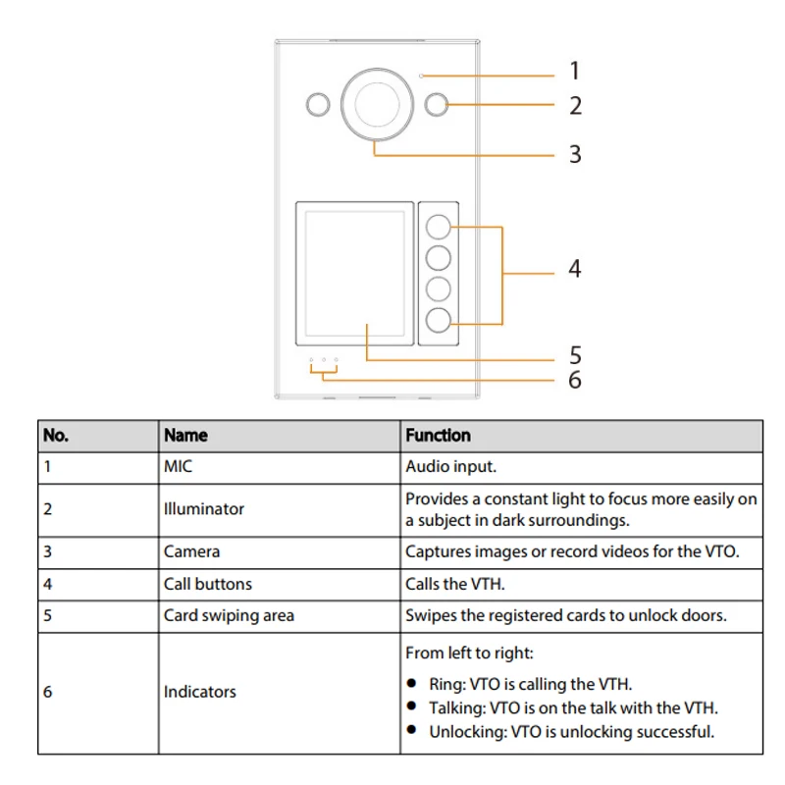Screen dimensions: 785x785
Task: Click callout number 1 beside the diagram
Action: coord(575,71)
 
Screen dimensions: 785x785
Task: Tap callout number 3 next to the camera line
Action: coord(575,154)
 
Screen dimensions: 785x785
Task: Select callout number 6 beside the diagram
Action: coord(575,379)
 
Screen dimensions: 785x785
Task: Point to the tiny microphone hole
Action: coord(421,76)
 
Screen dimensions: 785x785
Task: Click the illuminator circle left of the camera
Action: coord(317,104)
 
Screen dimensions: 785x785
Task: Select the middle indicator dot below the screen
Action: coord(323,360)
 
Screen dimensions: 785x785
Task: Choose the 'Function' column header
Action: coord(438,435)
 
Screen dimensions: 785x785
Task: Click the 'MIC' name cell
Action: coord(179,466)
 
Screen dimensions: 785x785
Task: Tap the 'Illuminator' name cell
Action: coord(203,508)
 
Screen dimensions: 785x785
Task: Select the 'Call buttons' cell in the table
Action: coord(207,584)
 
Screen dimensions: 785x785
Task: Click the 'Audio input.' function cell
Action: coord(458,466)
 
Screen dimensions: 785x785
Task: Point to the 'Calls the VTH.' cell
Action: coord(455,584)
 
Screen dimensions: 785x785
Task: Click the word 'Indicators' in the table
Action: coord(199,692)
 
